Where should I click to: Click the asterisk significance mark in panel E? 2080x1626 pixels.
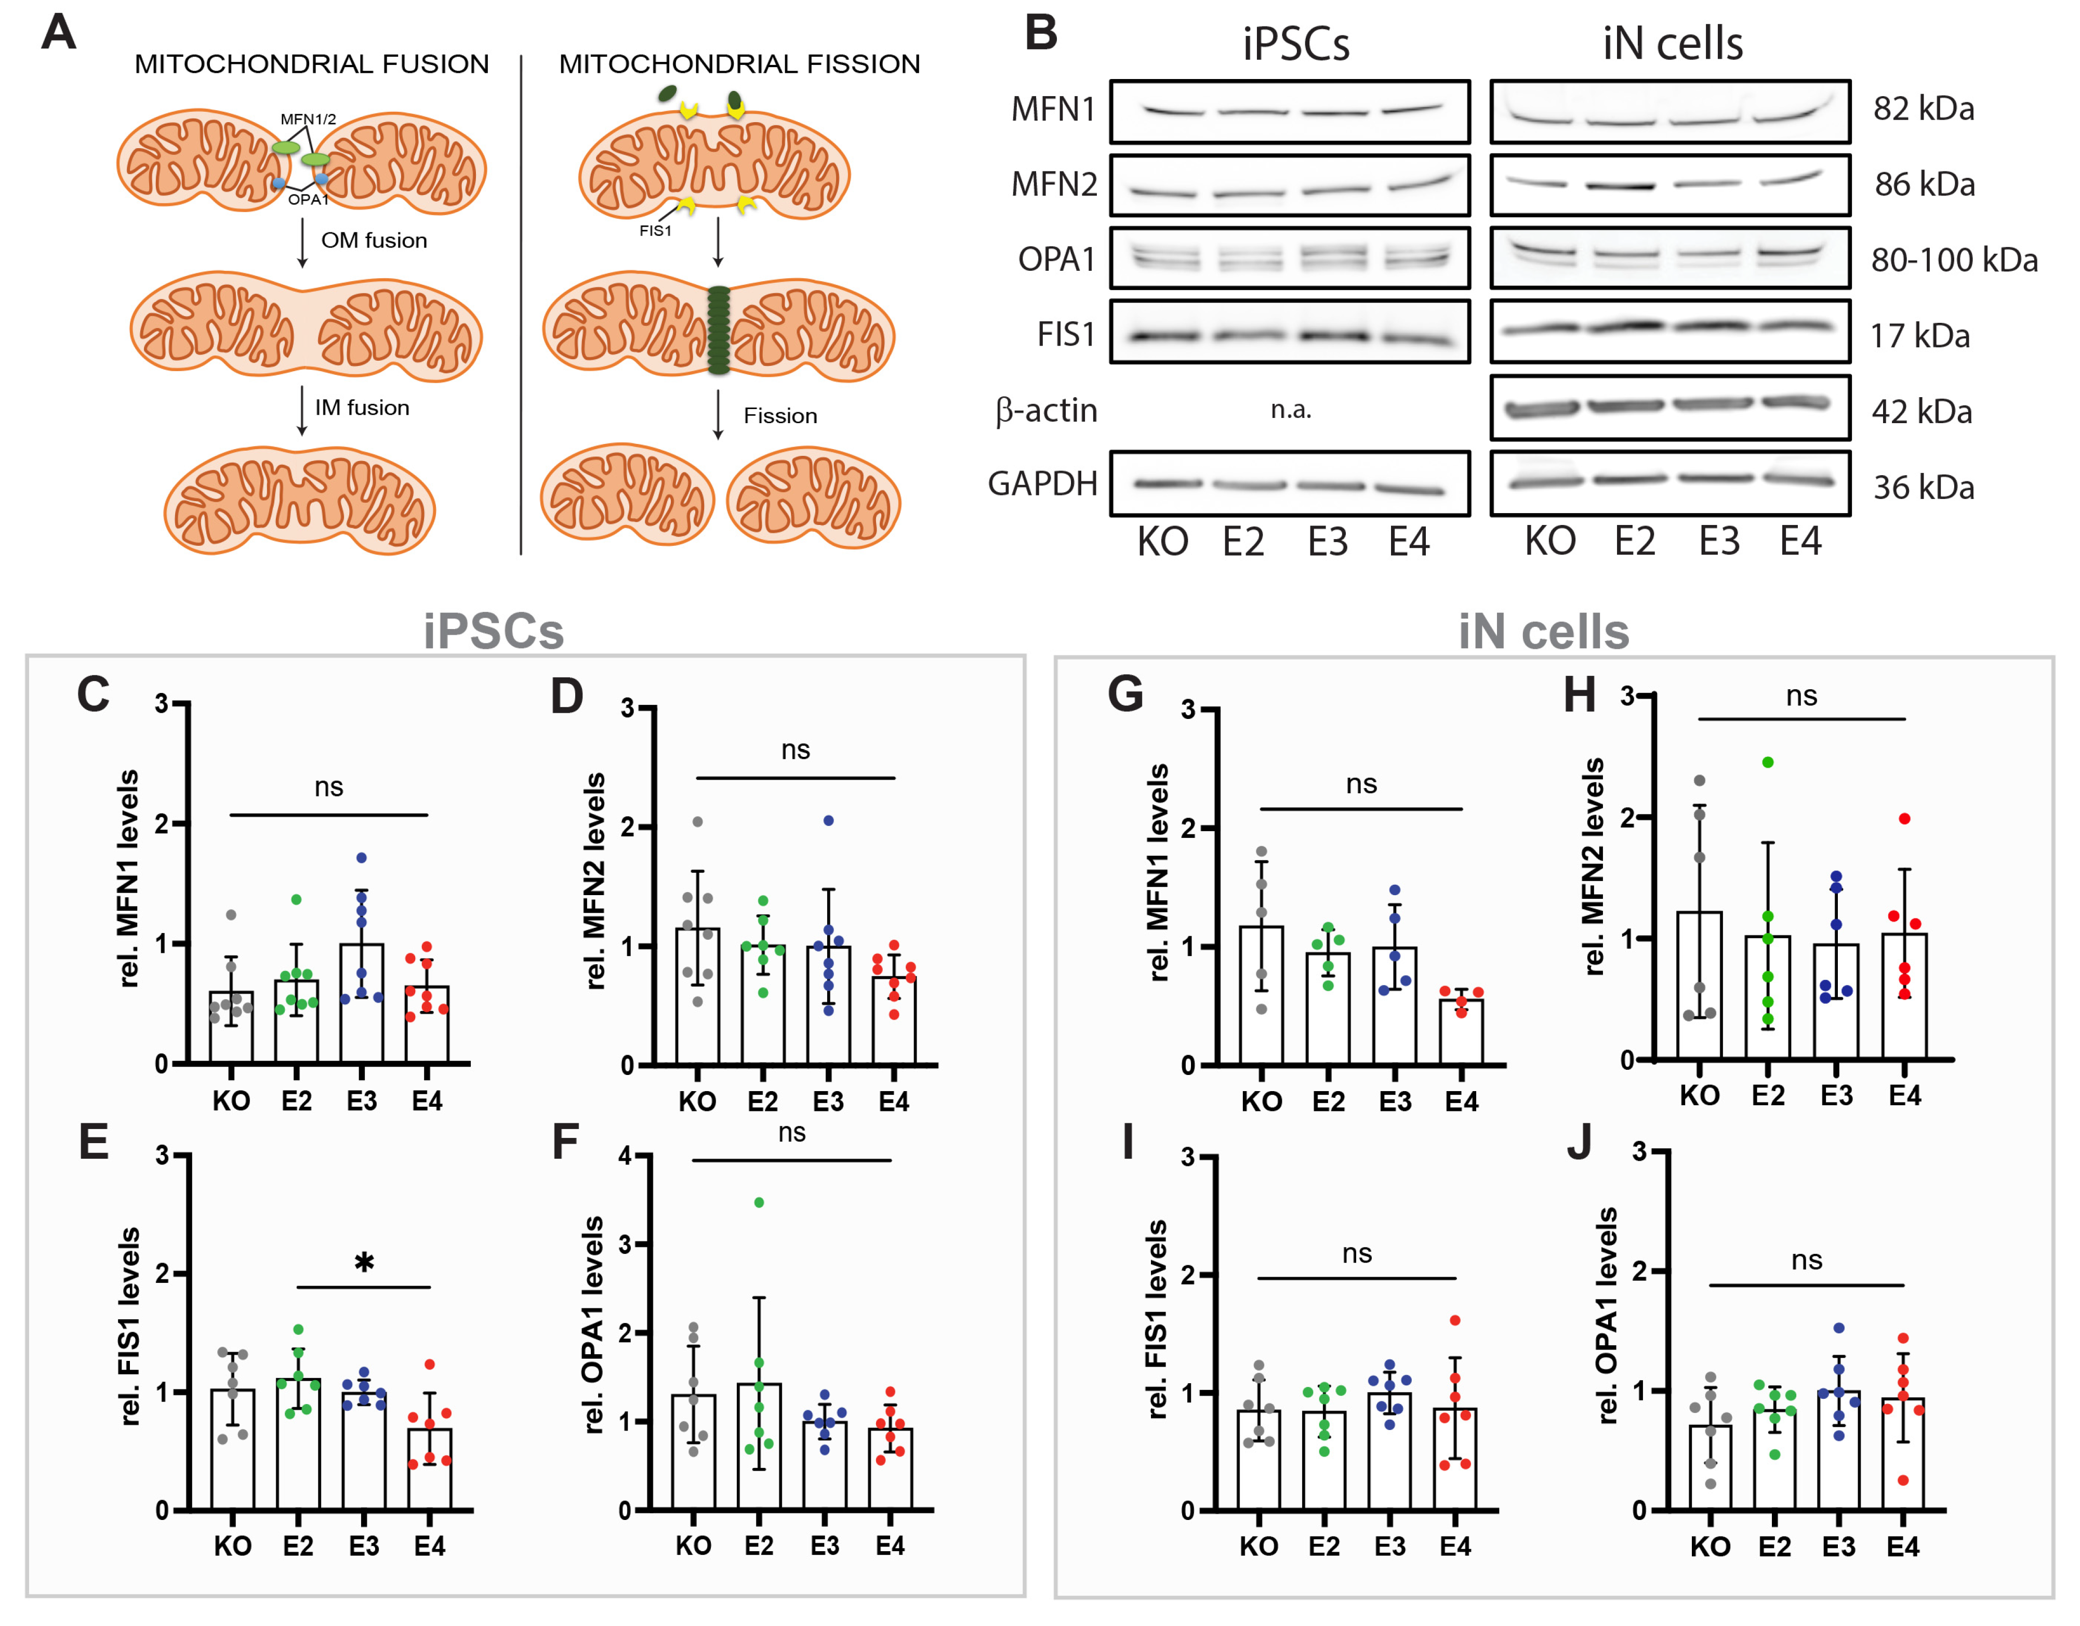[x=364, y=1263]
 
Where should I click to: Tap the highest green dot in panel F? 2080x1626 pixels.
[x=759, y=1202]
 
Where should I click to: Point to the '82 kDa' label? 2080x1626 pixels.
[x=1923, y=109]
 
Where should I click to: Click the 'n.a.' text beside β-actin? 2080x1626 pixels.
[x=1291, y=410]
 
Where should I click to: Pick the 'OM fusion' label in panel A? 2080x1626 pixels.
[x=373, y=240]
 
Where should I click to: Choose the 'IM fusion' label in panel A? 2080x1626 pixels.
[x=362, y=408]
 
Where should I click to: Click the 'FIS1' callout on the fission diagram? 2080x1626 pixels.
[x=655, y=230]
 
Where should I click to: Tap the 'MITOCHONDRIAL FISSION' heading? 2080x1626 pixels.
[x=739, y=64]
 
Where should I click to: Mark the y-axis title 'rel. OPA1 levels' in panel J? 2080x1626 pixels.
[x=1607, y=1315]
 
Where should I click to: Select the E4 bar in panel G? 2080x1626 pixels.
[x=1461, y=1031]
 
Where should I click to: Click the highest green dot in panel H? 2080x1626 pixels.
[x=1768, y=762]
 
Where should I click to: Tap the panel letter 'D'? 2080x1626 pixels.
[x=567, y=697]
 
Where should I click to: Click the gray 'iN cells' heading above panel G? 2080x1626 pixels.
[x=1543, y=632]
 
